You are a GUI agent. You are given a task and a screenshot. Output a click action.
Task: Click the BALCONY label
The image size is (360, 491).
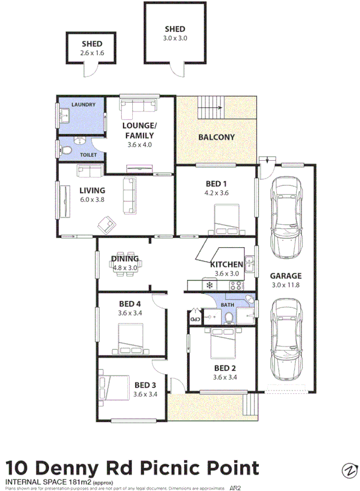click(217, 137)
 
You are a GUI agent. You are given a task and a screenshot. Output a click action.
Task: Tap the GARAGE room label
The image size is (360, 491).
click(285, 276)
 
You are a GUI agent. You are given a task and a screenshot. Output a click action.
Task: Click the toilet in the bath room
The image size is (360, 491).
click(229, 316)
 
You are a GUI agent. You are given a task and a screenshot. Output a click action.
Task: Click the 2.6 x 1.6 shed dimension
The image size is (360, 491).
click(92, 53)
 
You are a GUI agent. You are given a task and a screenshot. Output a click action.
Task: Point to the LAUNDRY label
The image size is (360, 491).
click(83, 104)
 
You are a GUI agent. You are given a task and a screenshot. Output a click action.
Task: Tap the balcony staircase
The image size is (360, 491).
click(210, 107)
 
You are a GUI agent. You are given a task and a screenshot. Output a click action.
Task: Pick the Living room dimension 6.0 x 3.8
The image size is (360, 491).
click(92, 200)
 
